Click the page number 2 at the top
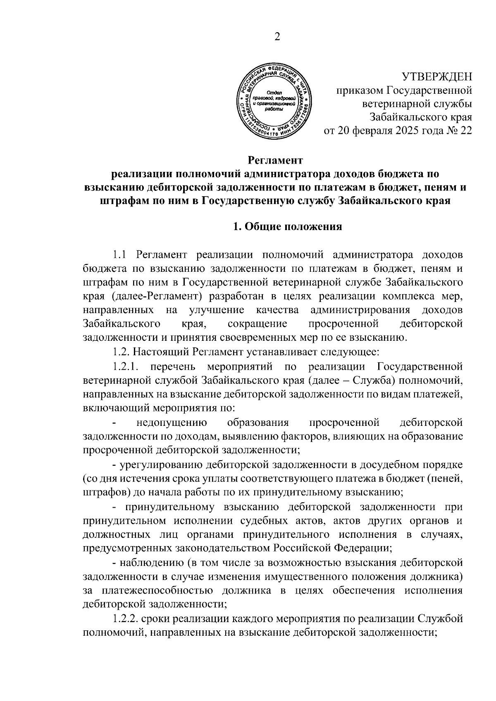[x=277, y=37]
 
